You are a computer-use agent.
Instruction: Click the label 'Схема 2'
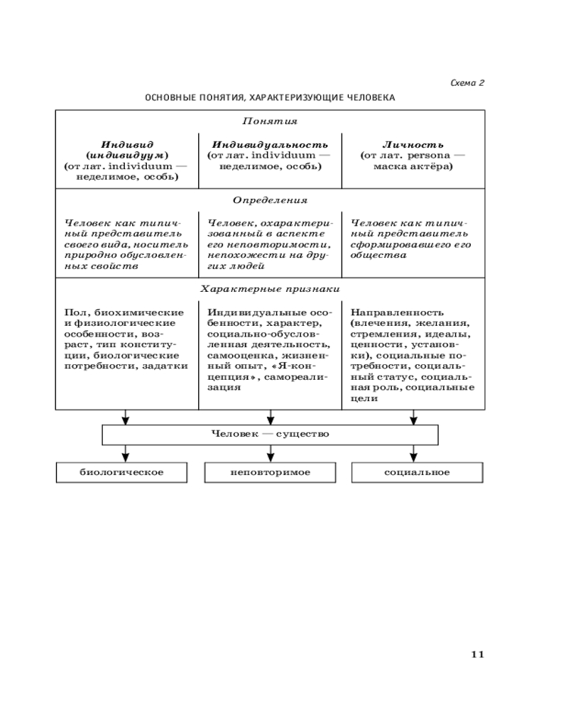pos(467,83)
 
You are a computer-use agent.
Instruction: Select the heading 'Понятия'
pos(270,121)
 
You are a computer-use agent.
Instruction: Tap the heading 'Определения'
pos(270,201)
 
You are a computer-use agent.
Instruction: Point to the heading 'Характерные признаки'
pos(270,289)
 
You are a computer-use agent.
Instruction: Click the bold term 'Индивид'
pos(127,143)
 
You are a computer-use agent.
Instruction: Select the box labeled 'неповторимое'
pos(271,472)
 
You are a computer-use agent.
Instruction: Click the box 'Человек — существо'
pos(270,433)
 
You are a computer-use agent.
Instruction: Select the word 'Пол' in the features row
pos(72,312)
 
